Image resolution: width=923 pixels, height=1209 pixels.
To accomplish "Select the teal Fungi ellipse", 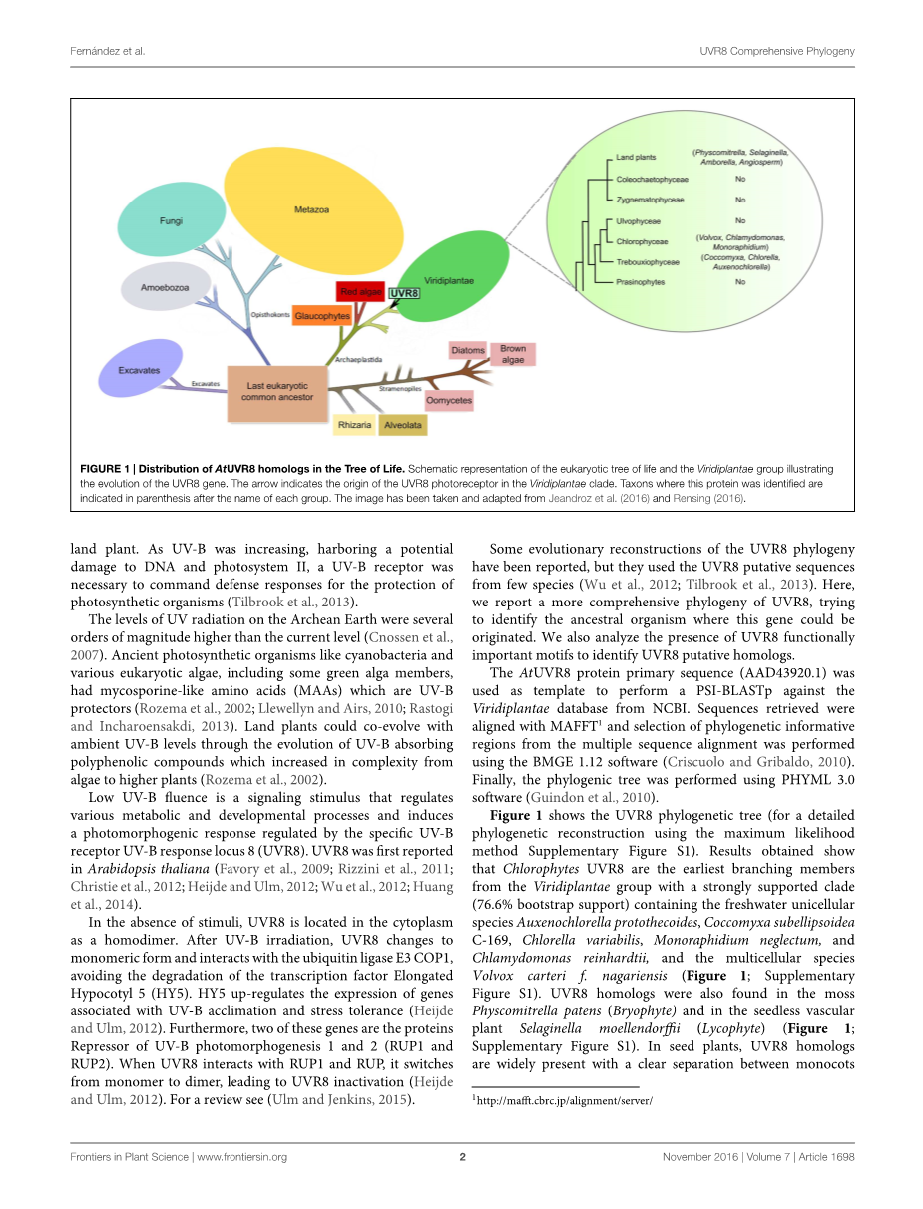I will (171, 220).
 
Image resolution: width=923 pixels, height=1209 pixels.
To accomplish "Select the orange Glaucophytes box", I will (322, 315).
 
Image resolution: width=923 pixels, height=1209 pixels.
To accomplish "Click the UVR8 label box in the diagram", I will (404, 294).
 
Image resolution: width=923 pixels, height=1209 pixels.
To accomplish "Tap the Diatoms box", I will (468, 351).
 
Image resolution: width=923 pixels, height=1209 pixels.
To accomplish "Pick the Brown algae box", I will (513, 354).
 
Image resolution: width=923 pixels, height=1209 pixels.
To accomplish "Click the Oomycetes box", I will (448, 400).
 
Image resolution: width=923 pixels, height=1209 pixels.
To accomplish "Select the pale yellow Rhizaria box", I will (355, 425).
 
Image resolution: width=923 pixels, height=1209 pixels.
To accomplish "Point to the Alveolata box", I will (403, 425).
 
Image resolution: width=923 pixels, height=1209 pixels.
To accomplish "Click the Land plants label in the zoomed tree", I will (636, 158).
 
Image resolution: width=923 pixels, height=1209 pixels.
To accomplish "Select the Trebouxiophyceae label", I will (648, 262).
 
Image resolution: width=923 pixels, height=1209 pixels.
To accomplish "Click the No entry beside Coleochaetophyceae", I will (740, 179).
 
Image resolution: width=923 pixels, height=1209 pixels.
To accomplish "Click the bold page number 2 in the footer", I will (462, 1157).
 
